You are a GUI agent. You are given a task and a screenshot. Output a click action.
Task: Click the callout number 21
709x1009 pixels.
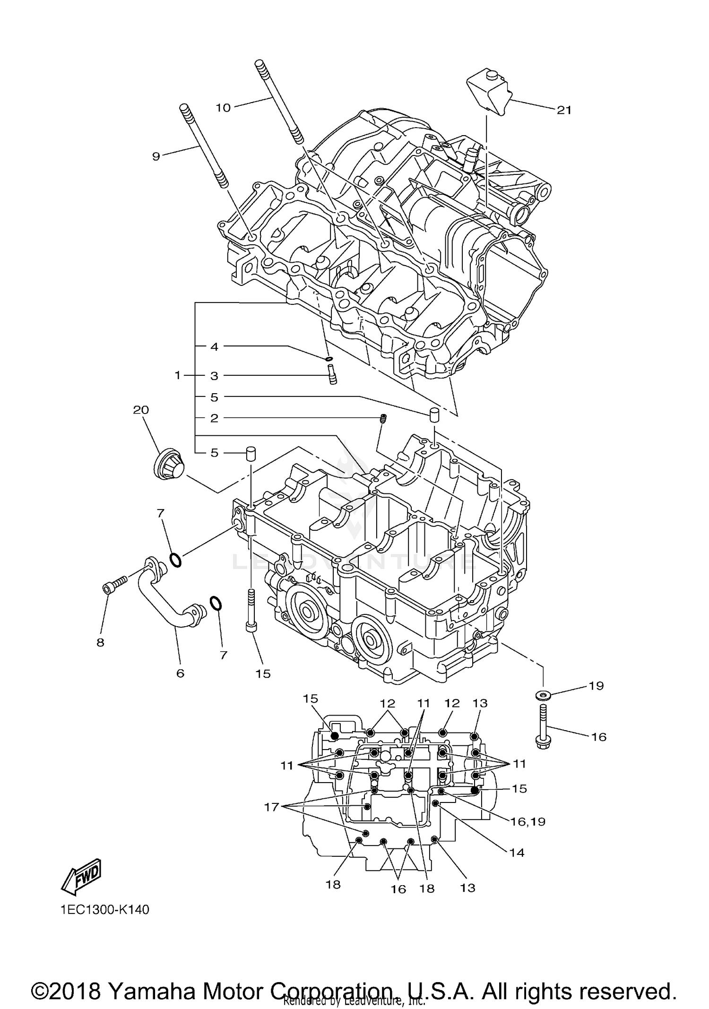(x=564, y=110)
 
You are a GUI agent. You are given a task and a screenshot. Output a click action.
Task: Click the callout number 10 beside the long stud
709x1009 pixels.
(x=223, y=108)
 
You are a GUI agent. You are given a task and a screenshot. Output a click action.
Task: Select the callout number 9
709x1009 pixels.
(x=156, y=156)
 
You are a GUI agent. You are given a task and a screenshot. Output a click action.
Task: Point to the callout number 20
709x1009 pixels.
(x=141, y=410)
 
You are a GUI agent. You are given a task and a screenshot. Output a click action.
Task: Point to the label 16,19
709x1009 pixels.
(x=528, y=822)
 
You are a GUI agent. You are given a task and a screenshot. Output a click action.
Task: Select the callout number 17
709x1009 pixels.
(x=272, y=807)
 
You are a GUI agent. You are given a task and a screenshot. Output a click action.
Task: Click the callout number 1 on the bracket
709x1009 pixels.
(x=178, y=376)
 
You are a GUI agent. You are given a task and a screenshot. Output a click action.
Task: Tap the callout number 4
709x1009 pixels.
(x=214, y=347)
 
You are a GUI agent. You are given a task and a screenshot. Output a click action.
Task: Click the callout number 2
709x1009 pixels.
(x=214, y=418)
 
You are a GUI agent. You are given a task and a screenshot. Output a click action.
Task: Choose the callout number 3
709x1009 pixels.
(x=214, y=376)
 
